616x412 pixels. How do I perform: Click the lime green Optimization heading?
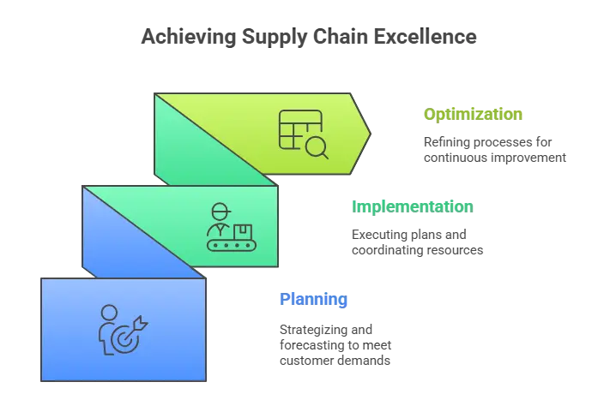(x=475, y=114)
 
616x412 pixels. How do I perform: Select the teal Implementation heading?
(x=412, y=206)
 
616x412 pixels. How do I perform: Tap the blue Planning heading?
(x=312, y=300)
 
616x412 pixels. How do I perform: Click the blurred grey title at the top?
(x=309, y=39)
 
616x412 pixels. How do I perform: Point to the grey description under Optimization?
(x=493, y=149)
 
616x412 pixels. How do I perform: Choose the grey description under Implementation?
(x=418, y=242)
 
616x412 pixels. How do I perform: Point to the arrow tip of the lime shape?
(x=366, y=134)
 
